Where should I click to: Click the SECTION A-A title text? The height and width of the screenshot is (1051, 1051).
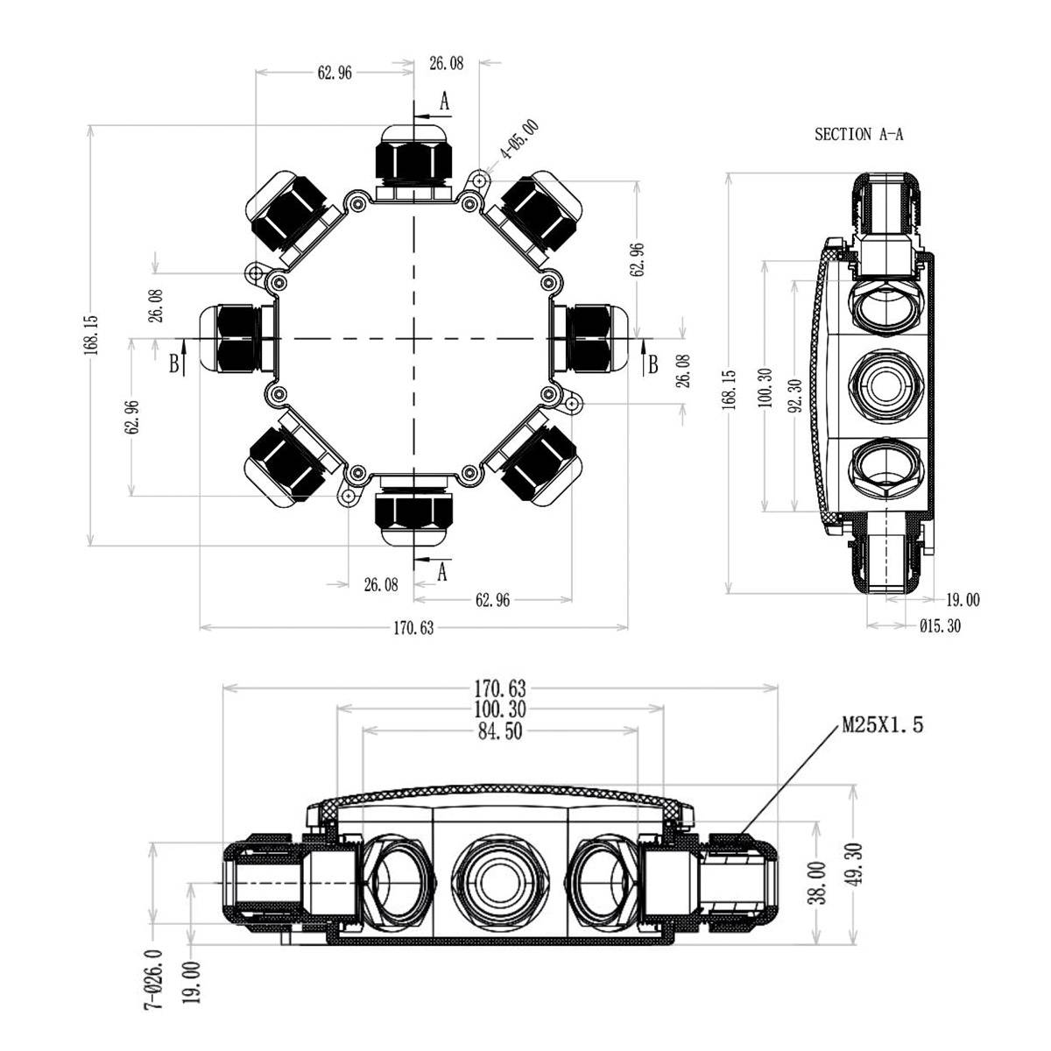coord(858,135)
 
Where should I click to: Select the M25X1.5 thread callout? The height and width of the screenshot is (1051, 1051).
coord(882,724)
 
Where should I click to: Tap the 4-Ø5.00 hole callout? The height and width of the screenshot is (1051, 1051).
coord(519,139)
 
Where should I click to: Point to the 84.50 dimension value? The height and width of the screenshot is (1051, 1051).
coord(502,731)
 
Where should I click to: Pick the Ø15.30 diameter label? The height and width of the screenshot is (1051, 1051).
coord(940,625)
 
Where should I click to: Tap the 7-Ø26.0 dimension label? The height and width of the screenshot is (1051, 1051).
coord(154,980)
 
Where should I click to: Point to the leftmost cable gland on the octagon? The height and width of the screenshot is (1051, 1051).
coord(230,338)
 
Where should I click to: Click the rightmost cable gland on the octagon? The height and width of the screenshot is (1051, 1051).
coord(595,337)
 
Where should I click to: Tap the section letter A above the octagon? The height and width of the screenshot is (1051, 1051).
coord(444,102)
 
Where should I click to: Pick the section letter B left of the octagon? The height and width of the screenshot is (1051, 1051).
coord(173,364)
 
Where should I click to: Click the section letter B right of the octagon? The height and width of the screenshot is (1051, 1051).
coord(652,364)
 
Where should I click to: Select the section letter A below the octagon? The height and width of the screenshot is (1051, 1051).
coord(442,572)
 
